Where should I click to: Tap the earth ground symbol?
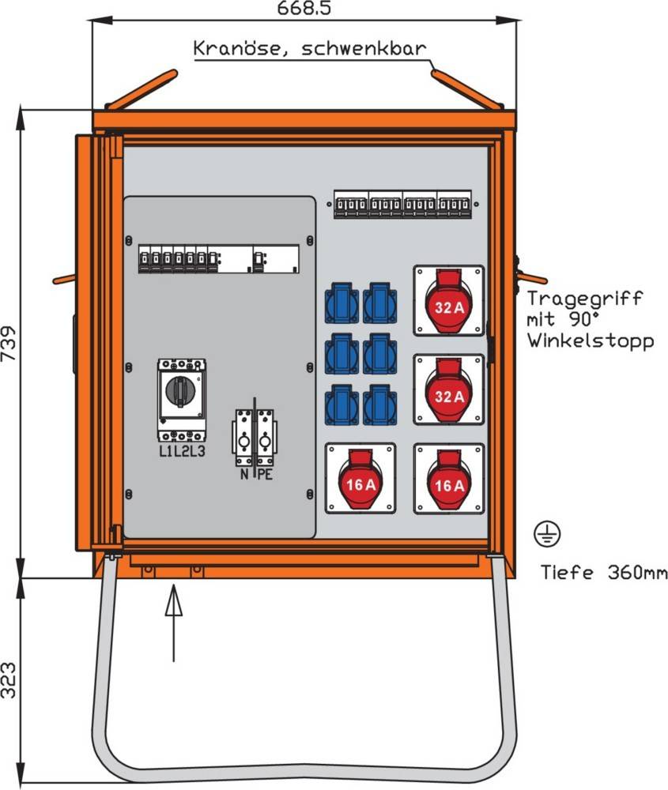pyautogui.click(x=548, y=535)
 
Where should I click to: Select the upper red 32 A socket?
pyautogui.click(x=449, y=300)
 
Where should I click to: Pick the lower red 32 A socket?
pyautogui.click(x=449, y=389)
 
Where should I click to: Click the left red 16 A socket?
pyautogui.click(x=360, y=478)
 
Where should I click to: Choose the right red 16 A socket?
pyautogui.click(x=449, y=478)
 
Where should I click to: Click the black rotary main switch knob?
pyautogui.click(x=182, y=389)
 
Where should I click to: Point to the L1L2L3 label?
pyautogui.click(x=182, y=452)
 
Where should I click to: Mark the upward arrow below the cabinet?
pyautogui.click(x=174, y=620)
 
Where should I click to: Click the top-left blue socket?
pyautogui.click(x=342, y=302)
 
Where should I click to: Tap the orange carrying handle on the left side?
pyautogui.click(x=64, y=279)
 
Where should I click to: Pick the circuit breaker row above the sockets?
pyautogui.click(x=402, y=204)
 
